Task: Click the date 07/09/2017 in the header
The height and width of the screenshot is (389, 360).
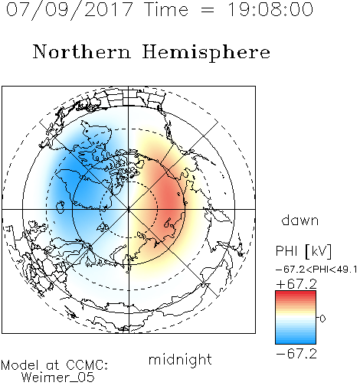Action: point(69,10)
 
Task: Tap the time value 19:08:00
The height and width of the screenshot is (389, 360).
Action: point(270,9)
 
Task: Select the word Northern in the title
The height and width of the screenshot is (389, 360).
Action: point(82,51)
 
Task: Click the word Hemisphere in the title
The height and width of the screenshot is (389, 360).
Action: point(206,52)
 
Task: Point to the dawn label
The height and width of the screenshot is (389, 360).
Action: point(300,220)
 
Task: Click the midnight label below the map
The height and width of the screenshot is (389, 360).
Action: point(180,359)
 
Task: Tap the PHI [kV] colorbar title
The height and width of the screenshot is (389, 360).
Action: point(303,251)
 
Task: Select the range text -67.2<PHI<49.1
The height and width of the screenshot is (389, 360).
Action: point(316,270)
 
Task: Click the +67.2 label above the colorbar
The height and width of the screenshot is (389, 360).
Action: point(296,284)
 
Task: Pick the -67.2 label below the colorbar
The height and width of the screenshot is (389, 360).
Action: point(296,354)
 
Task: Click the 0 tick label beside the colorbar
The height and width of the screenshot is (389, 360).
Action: point(322,319)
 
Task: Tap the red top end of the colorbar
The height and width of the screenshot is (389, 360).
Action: point(296,293)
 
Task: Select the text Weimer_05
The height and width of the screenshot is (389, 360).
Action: point(58,378)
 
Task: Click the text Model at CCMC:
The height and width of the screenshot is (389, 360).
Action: point(54,365)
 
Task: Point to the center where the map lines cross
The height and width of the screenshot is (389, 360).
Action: point(129,209)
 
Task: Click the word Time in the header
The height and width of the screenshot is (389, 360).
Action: point(166,9)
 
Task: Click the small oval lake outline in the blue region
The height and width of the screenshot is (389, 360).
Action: point(61,207)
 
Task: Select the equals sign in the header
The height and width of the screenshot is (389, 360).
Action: point(208,10)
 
